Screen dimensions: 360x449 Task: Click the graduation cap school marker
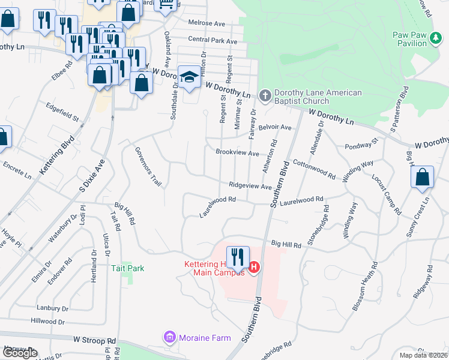coord(189,77)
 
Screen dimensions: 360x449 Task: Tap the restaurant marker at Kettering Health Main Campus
coord(238,257)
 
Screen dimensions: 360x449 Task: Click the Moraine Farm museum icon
coord(170,338)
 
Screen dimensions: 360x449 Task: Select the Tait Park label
coord(128,268)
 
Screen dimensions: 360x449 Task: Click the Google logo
coord(20,353)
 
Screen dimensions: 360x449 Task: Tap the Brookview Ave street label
coord(237,152)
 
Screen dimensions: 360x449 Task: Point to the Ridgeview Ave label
coord(250,187)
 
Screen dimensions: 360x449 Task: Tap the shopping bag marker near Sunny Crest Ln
coord(423,177)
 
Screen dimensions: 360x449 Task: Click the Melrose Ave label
coord(206,23)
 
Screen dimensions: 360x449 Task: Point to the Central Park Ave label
coord(212,40)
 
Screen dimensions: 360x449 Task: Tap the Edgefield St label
coord(63,112)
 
